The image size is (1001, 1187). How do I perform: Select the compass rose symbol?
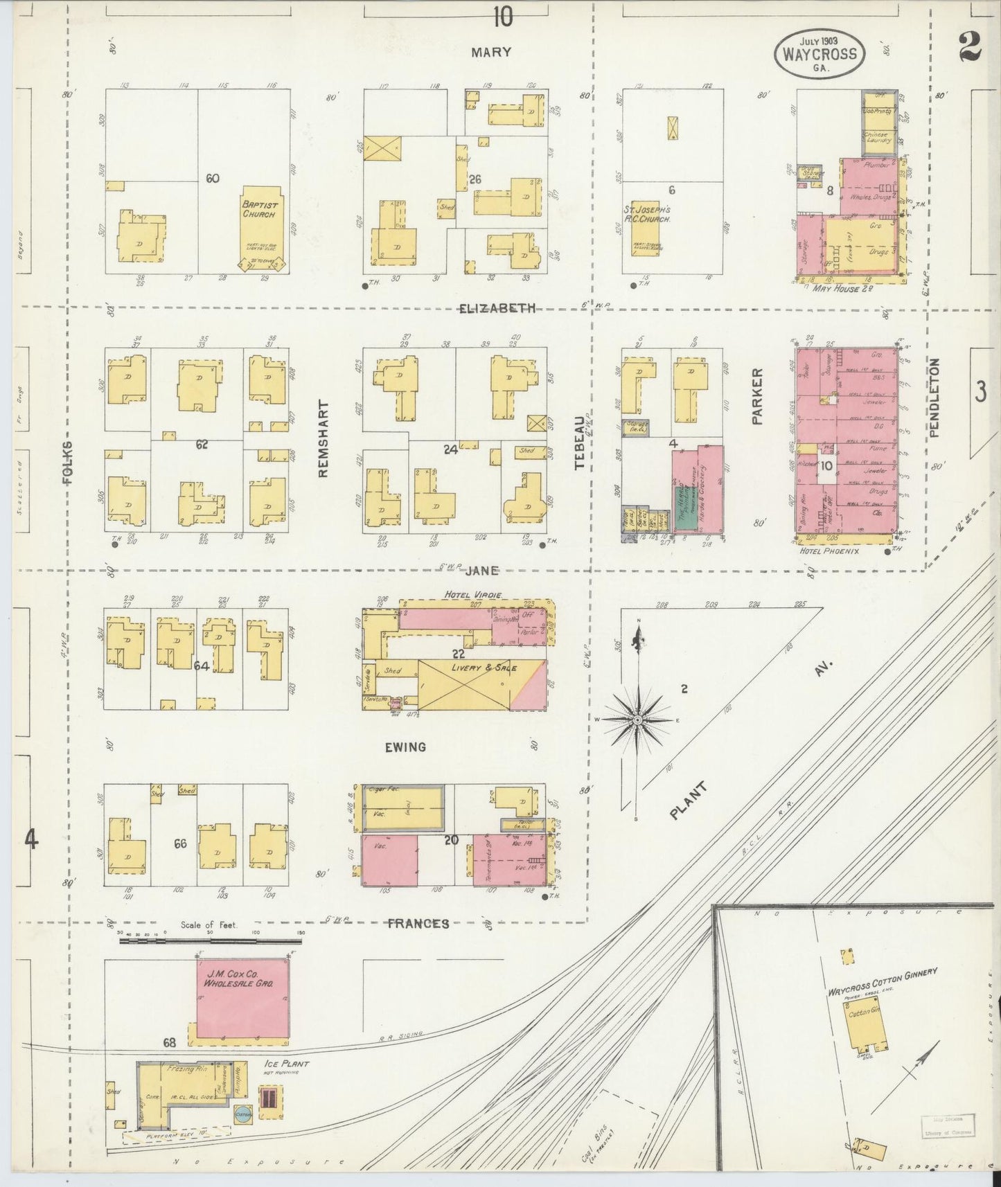pos(637,720)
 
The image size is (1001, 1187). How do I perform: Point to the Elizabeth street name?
pos(497,308)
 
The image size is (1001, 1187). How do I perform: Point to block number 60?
pos(212,178)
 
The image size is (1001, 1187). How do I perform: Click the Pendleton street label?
pos(934,398)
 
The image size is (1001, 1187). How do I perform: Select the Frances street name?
pos(418,923)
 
